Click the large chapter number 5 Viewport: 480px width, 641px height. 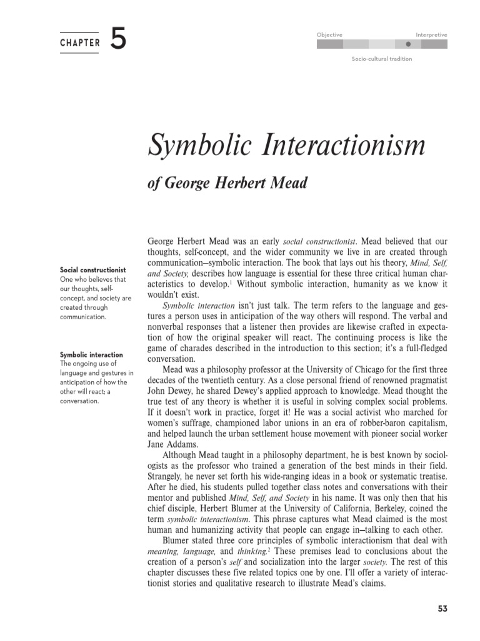click(x=118, y=41)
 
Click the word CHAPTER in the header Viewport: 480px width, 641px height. click(x=79, y=43)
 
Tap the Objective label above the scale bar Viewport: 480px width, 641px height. click(x=329, y=35)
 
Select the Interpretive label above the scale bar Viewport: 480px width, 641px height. click(x=431, y=35)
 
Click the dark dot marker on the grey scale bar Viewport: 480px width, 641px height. click(x=408, y=45)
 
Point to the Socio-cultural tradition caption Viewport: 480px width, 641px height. click(x=382, y=59)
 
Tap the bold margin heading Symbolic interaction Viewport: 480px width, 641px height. click(x=91, y=355)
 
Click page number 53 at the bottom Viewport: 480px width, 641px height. click(x=441, y=608)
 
